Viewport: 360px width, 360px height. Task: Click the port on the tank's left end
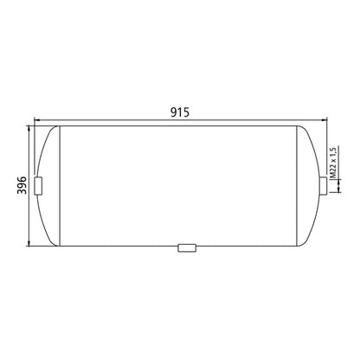(37, 185)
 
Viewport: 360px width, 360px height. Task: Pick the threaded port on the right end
(323, 185)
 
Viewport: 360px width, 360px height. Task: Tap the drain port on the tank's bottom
(187, 248)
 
